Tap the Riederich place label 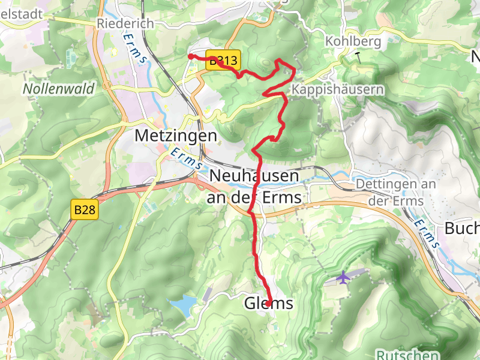pyautogui.click(x=125, y=23)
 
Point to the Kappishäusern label pyautogui.click(x=337, y=89)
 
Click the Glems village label pyautogui.click(x=269, y=304)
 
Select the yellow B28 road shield pyautogui.click(x=85, y=210)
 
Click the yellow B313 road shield pyautogui.click(x=224, y=61)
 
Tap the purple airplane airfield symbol pyautogui.click(x=343, y=278)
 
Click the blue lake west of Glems pyautogui.click(x=184, y=305)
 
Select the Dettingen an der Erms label pyautogui.click(x=395, y=192)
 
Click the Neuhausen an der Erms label pyautogui.click(x=254, y=186)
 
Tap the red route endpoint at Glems pyautogui.click(x=268, y=304)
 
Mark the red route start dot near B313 pyautogui.click(x=191, y=56)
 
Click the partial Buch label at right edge pyautogui.click(x=462, y=229)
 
